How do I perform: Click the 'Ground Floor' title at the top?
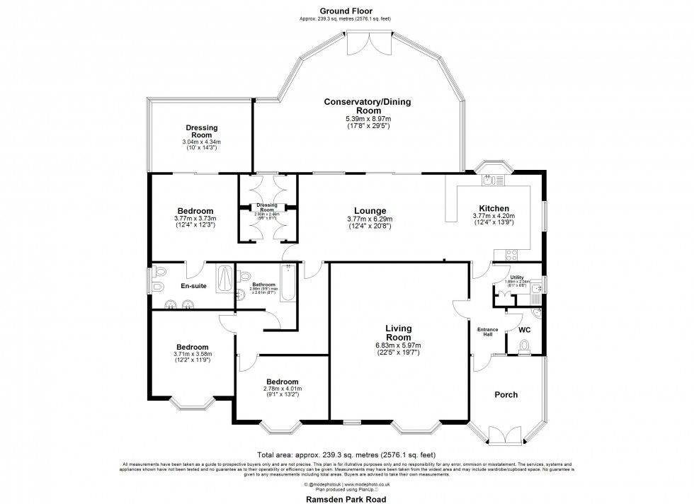[346, 11]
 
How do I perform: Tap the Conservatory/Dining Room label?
[367, 106]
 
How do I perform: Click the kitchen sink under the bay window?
[489, 181]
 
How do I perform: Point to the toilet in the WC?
[525, 345]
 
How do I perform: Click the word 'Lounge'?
[370, 211]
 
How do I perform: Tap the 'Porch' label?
[506, 395]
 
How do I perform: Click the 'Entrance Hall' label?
[487, 333]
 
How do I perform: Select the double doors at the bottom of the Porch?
[506, 433]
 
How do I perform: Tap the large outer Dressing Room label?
[202, 131]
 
